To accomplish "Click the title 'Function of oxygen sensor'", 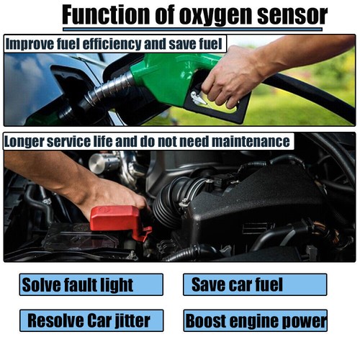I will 194,14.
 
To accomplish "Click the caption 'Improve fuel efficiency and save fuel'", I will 115,43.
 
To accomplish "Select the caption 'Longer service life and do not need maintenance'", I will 148,141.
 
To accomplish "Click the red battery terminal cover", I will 118,219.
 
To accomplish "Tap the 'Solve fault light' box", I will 91,284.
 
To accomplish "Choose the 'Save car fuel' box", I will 254,284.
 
